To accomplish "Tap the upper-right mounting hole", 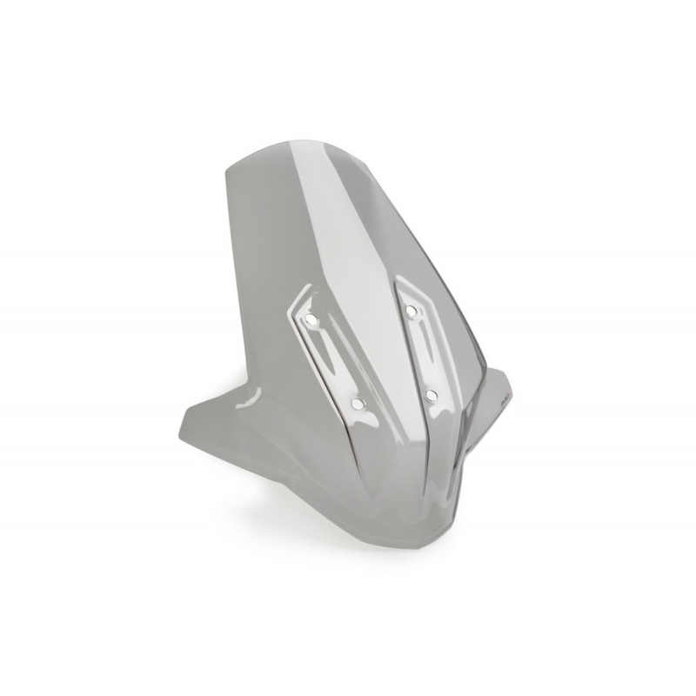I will pyautogui.click(x=410, y=311).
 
